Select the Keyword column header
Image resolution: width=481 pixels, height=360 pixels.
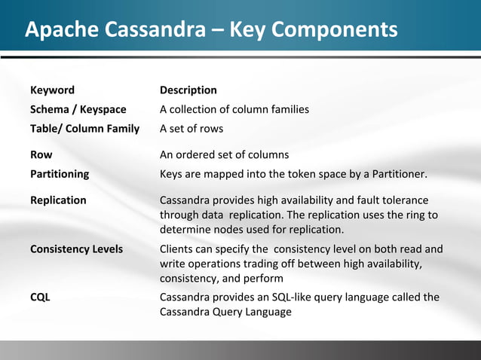tap(52, 90)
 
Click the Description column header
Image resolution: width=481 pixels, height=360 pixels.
tap(188, 90)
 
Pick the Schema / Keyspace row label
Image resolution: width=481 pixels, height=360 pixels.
tap(78, 109)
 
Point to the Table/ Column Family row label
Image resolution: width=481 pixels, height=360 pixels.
tap(84, 128)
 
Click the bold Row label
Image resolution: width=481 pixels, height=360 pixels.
tap(41, 155)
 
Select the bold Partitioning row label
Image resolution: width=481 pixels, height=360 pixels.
tap(60, 174)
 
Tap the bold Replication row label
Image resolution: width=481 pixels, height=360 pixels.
tap(58, 200)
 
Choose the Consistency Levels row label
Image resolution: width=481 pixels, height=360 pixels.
tap(76, 249)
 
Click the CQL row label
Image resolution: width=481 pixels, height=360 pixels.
tap(40, 297)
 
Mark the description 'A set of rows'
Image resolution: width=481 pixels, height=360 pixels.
tap(191, 128)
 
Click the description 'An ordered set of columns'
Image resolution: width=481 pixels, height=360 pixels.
tap(224, 155)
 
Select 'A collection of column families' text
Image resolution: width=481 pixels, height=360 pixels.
tap(234, 109)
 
